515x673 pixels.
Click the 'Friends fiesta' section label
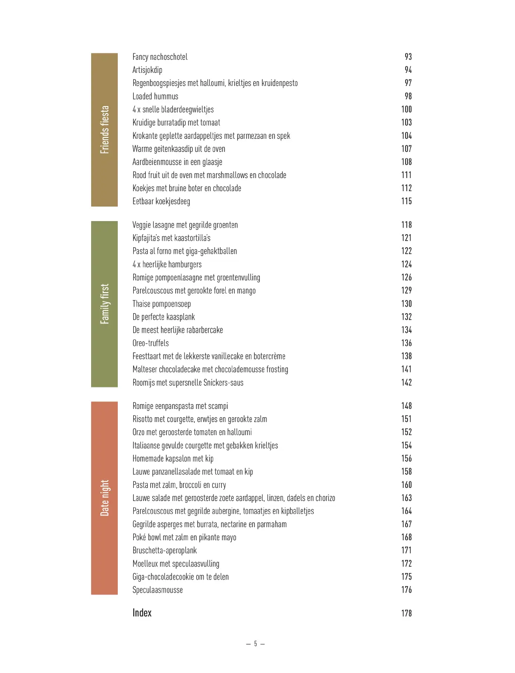[x=104, y=129]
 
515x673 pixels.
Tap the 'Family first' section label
[x=104, y=304]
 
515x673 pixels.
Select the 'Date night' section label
[x=104, y=498]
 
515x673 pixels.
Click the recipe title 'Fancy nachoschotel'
[x=160, y=57]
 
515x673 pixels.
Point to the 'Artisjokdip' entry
[x=147, y=70]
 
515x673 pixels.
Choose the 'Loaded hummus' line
[x=155, y=96]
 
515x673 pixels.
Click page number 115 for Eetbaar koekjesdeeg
[x=406, y=201]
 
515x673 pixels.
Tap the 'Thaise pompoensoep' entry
[x=161, y=304]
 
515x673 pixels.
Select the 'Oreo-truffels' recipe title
[x=150, y=343]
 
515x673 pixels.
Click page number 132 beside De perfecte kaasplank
[x=406, y=317]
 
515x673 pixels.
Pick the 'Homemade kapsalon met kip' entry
[x=173, y=458]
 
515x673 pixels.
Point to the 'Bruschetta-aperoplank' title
[x=165, y=551]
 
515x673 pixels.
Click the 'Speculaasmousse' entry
[x=157, y=590]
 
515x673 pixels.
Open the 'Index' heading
[x=142, y=613]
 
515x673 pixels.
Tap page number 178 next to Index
[x=406, y=613]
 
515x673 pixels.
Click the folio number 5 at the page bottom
[x=256, y=644]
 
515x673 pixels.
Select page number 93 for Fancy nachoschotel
[x=408, y=57]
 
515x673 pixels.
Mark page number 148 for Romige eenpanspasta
[x=406, y=406]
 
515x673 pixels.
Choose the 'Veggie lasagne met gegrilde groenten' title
[x=185, y=225]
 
